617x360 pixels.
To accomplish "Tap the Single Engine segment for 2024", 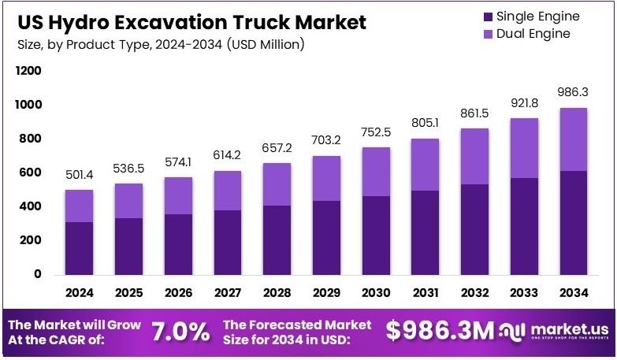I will coord(79,248).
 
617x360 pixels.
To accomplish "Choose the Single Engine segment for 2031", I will coord(425,232).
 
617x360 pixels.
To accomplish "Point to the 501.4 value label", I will coord(79,174).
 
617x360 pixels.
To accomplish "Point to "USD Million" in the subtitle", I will coord(265,44).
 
